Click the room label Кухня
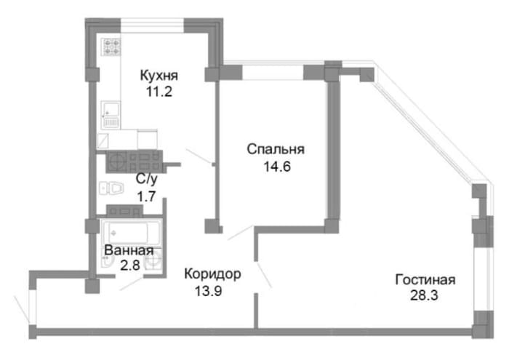[159, 76]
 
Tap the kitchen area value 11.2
[159, 92]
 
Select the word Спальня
[276, 150]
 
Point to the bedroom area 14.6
[277, 167]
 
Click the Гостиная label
[425, 279]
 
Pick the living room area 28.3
[424, 295]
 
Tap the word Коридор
[212, 274]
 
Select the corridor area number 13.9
[209, 291]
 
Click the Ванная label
[129, 250]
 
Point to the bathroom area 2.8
[130, 265]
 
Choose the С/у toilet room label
[147, 179]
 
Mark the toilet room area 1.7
[147, 196]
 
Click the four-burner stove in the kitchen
[111, 47]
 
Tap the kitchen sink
[111, 110]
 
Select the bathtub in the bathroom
[131, 232]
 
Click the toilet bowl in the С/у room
[116, 188]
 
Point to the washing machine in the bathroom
[153, 260]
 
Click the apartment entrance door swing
[22, 310]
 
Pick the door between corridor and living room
[263, 276]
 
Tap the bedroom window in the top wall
[273, 73]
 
